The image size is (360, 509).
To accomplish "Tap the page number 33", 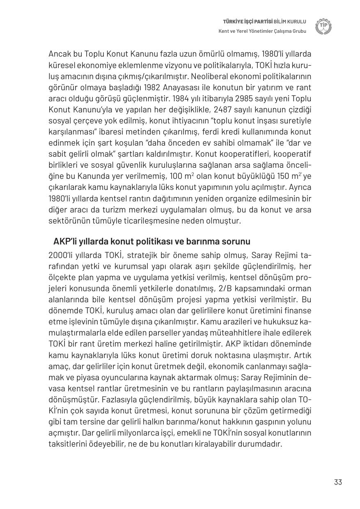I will pos(338,482).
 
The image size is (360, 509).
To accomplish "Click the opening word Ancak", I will pos(60,54).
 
